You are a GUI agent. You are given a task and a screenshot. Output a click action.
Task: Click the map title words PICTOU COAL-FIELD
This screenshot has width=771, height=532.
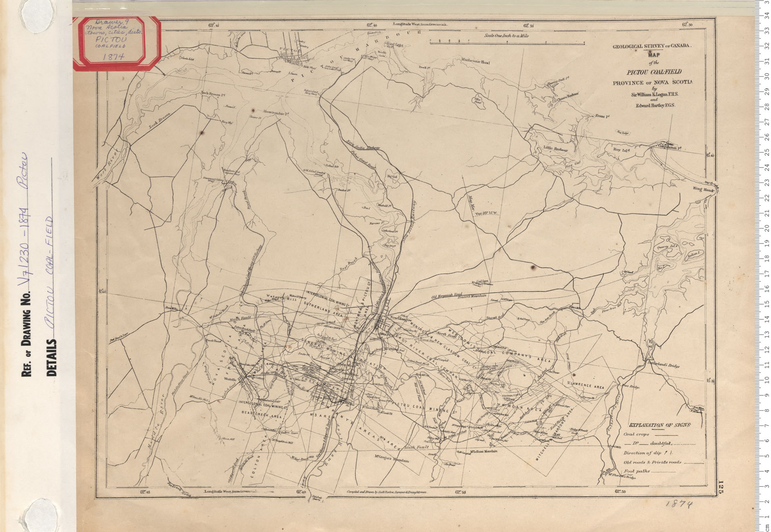654,72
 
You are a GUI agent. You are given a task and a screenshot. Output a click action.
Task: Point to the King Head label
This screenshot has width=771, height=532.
703,189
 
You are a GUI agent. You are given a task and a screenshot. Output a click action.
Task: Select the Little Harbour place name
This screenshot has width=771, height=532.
556,149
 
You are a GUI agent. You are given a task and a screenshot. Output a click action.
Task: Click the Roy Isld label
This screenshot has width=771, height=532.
621,150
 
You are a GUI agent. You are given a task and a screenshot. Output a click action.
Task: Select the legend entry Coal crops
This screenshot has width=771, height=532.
636,434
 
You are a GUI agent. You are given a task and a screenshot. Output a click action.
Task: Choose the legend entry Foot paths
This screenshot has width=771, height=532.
637,471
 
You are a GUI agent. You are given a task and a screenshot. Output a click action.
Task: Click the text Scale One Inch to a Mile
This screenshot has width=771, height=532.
506,36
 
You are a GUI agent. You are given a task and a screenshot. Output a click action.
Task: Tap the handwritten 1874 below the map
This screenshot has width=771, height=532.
679,503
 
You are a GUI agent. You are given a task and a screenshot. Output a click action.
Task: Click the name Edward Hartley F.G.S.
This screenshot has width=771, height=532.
655,105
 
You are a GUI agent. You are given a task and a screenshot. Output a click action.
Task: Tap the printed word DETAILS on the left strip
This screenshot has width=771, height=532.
52,358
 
